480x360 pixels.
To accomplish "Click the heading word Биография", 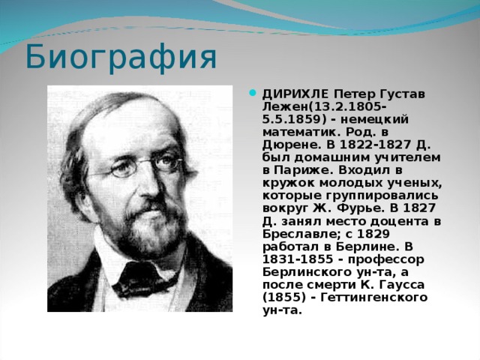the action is tap(121, 58).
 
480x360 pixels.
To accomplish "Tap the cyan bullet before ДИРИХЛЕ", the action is tap(253, 92).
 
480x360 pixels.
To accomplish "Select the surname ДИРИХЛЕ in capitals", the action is tap(295, 94).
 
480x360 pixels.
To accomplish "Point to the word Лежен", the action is tap(285, 106).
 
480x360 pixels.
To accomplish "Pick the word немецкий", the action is tap(373, 119).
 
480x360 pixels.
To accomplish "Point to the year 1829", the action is tap(373, 235).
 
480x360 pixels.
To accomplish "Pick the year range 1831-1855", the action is tap(298, 259).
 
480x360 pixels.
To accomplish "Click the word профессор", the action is tap(386, 260).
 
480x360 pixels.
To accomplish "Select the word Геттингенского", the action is tap(373, 298).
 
